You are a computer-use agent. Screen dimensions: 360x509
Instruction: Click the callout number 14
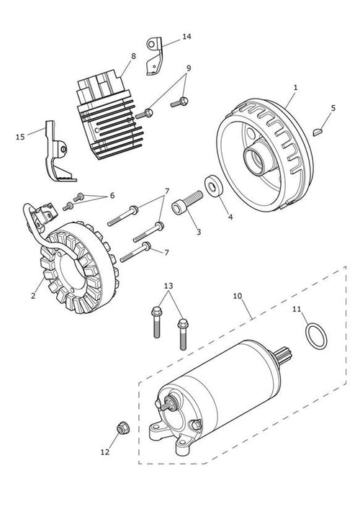(186, 37)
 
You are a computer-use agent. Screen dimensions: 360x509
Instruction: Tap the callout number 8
(133, 56)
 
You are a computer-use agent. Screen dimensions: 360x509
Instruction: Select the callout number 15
(20, 137)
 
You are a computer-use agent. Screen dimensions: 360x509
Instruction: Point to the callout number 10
(238, 296)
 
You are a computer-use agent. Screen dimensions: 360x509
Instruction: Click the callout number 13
(168, 286)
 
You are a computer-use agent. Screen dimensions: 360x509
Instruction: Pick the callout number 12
(105, 452)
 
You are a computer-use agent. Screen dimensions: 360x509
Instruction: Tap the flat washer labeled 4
(214, 186)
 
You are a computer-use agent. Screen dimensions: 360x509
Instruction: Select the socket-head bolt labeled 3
(186, 202)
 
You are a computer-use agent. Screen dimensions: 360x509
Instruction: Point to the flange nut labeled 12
(123, 428)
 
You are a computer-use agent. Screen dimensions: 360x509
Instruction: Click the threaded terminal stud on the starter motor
(168, 404)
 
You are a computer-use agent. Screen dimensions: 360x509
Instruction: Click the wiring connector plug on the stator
(45, 214)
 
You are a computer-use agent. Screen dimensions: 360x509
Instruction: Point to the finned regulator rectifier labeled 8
(110, 114)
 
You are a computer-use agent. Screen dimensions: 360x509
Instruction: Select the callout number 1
(295, 88)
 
